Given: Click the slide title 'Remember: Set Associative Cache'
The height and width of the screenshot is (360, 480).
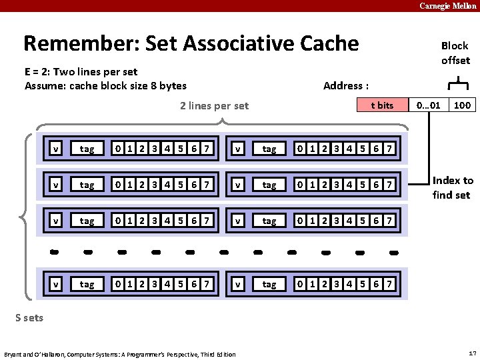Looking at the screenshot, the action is [x=191, y=44].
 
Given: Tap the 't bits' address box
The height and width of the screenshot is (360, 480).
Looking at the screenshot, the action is [x=382, y=105].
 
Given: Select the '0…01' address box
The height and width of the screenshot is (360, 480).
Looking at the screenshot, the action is [x=427, y=105].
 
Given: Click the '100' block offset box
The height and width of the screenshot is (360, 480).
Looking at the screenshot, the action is [x=462, y=105].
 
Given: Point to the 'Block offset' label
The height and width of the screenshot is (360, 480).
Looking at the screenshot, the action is [x=455, y=53].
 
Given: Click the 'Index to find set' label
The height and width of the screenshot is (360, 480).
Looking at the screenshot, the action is [x=452, y=187].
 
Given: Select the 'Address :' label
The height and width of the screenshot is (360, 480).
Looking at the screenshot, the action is [x=345, y=85].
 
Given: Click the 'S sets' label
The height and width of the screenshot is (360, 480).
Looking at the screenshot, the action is [x=29, y=317].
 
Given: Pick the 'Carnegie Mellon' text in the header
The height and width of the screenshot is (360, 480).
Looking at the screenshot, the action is [x=447, y=6].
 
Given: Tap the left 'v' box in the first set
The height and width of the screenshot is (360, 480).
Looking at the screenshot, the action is [x=57, y=149].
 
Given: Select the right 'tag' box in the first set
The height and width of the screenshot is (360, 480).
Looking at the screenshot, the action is [x=269, y=149].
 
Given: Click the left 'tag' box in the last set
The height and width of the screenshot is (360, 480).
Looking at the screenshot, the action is [x=87, y=285].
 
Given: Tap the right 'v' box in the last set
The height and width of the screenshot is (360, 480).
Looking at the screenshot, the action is [x=238, y=285].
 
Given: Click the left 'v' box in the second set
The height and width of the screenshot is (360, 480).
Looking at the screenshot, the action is [x=57, y=184].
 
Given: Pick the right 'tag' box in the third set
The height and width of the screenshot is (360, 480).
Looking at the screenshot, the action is [x=269, y=220].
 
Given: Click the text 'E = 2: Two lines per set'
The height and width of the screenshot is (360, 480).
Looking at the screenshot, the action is [x=81, y=71].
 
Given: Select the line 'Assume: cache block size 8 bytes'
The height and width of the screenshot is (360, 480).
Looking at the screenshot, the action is [x=105, y=85].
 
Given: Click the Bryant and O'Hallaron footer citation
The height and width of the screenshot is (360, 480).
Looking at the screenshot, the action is [x=119, y=354].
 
